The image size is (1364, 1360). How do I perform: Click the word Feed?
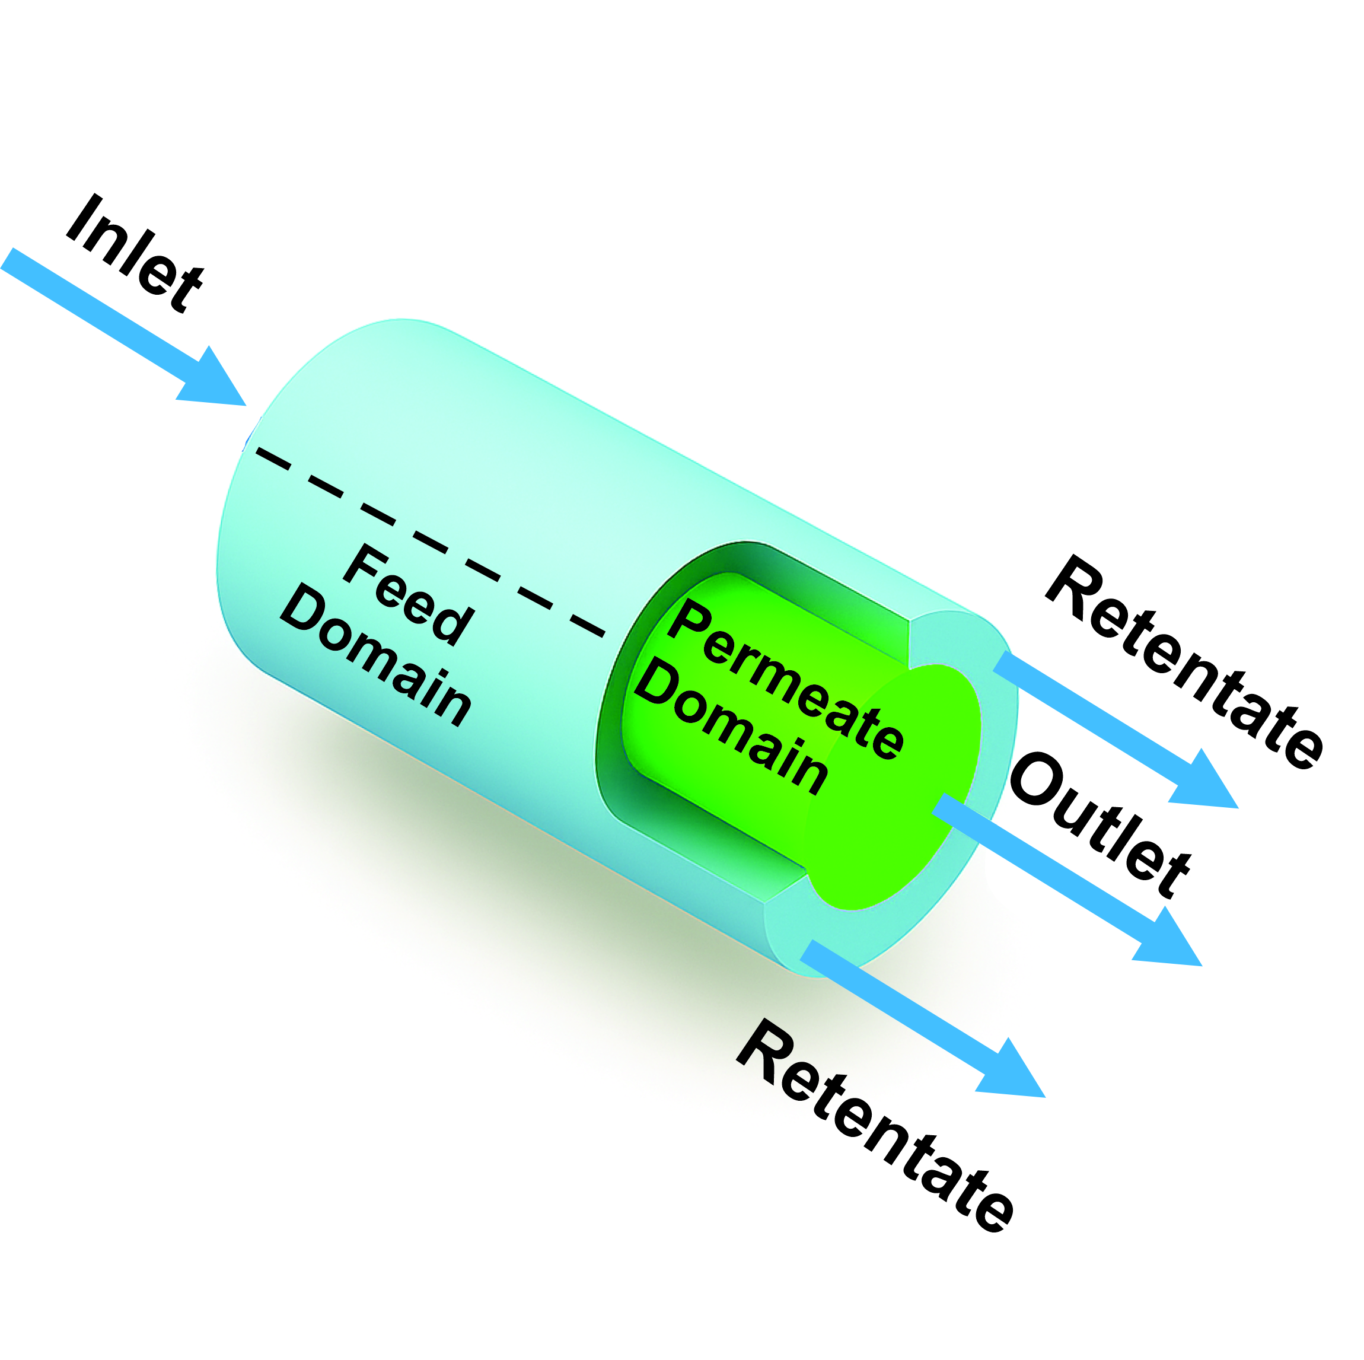point(409,595)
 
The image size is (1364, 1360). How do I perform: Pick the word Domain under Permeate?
point(731,727)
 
